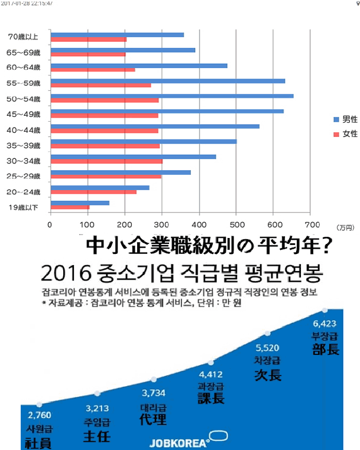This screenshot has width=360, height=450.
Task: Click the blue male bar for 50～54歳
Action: click(x=171, y=96)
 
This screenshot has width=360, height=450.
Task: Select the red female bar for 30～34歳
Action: click(x=106, y=161)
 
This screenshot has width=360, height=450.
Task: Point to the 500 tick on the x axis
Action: click(x=236, y=224)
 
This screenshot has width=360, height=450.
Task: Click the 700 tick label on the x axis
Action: click(x=312, y=224)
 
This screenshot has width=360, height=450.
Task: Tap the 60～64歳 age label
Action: click(x=24, y=68)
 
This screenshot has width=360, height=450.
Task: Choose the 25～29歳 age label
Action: click(x=24, y=175)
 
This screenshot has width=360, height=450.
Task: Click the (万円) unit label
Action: click(x=344, y=227)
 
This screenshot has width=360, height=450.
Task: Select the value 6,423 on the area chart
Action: click(x=325, y=324)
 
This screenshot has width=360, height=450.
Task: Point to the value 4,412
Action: click(x=211, y=373)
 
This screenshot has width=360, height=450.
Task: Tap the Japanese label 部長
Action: click(x=326, y=349)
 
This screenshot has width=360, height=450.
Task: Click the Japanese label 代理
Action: click(x=153, y=420)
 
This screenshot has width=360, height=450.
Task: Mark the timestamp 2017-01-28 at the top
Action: click(x=18, y=3)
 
